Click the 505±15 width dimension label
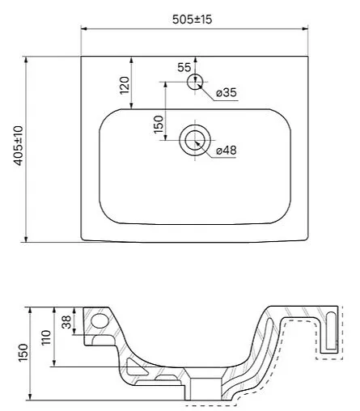[193, 19]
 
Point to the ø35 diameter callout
[227, 94]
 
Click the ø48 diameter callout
[227, 150]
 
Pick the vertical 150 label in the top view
[159, 123]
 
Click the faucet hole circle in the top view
[194, 83]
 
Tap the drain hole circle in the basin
[194, 140]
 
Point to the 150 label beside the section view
[23, 353]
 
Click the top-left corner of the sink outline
[82, 57]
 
